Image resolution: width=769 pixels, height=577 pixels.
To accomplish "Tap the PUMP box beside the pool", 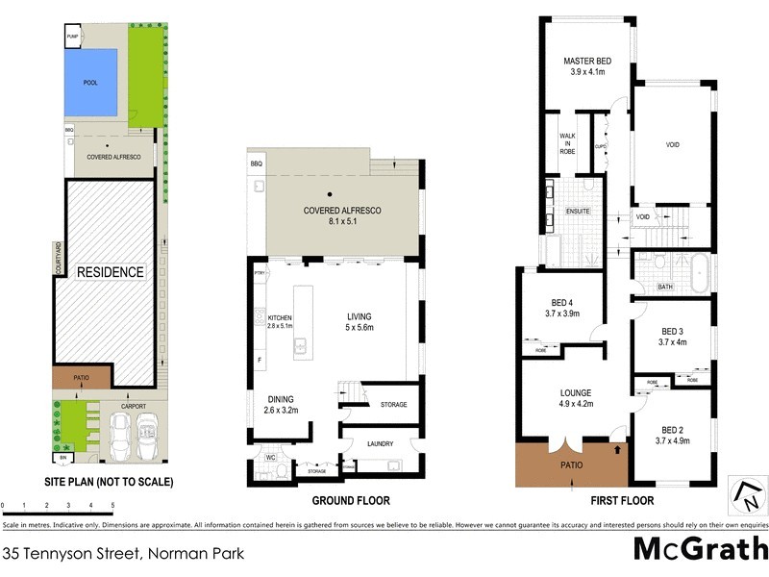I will [x=72, y=38].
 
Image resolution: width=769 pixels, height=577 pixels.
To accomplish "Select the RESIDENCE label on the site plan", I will [x=112, y=272].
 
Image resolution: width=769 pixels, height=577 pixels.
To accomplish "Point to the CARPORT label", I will [x=133, y=406].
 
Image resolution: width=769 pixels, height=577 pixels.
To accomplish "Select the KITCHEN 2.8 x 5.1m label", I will [x=279, y=321].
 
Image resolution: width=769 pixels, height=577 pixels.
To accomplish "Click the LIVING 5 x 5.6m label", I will [x=359, y=321].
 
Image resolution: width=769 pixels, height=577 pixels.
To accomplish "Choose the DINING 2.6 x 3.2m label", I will [x=281, y=404].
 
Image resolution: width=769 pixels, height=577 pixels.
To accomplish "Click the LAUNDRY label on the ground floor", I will [x=381, y=442].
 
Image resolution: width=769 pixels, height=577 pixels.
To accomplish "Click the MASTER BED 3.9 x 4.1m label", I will [x=586, y=66].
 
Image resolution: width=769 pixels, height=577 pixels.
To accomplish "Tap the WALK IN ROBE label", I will [x=567, y=143].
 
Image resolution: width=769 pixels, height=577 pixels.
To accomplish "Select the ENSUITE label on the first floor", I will [x=578, y=211].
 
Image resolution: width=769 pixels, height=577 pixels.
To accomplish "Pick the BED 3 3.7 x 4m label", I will [x=672, y=336].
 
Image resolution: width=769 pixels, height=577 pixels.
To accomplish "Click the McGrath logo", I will [x=701, y=550].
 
